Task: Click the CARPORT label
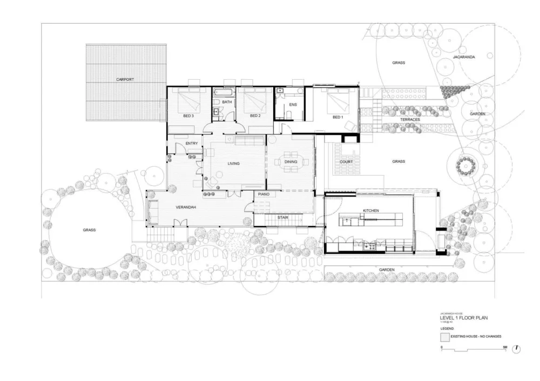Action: pos(125,79)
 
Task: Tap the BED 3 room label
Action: pos(188,115)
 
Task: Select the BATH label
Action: pos(227,102)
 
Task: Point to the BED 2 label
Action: pos(255,115)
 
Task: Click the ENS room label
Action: pos(293,104)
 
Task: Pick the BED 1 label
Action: pos(337,117)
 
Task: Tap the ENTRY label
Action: pos(192,143)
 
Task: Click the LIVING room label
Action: pos(233,163)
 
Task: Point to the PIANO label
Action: pos(264,194)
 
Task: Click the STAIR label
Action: pos(282,217)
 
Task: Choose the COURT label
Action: pos(346,162)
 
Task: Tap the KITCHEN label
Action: pos(370,210)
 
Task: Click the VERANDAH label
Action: pos(185,207)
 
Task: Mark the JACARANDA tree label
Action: pos(464,57)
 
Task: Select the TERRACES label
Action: pos(410,120)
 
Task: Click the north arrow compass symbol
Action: pos(517,349)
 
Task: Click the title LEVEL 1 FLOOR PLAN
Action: pos(464,318)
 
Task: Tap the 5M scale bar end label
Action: pos(505,346)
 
